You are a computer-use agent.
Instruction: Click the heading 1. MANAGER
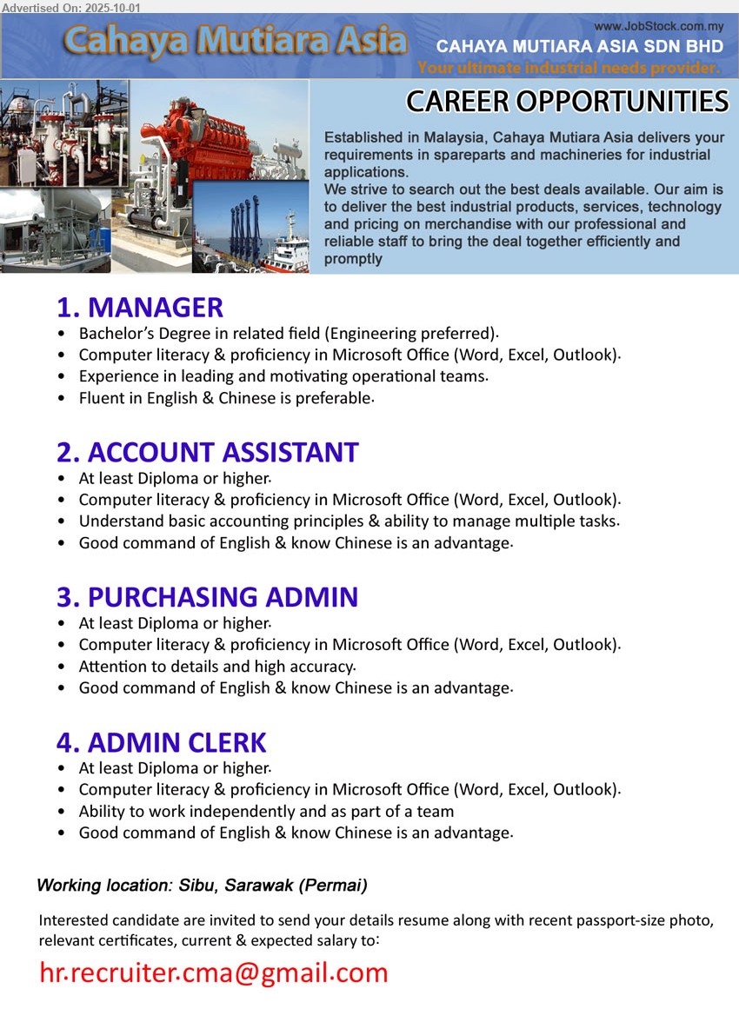click(x=140, y=308)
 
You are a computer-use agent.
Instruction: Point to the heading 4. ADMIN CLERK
click(x=161, y=743)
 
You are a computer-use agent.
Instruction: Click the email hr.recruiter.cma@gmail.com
click(x=214, y=973)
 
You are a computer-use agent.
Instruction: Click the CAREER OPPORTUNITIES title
click(x=567, y=102)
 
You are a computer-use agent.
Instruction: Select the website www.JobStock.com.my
click(x=659, y=27)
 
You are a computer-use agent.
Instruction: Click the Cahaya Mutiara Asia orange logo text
click(x=235, y=41)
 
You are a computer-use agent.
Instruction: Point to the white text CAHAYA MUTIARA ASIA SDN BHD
click(x=579, y=47)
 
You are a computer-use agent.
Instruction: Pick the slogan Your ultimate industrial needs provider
click(x=569, y=68)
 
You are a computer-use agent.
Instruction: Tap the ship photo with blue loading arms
click(x=252, y=230)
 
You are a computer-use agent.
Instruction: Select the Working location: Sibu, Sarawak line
click(x=202, y=886)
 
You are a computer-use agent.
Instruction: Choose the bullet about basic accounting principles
click(x=349, y=521)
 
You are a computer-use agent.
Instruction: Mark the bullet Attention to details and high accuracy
click(x=216, y=667)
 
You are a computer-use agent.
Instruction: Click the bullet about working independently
click(x=266, y=812)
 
